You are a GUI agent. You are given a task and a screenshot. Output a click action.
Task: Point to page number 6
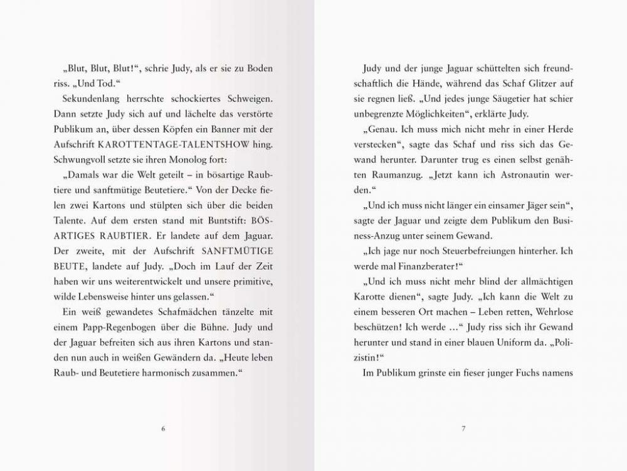click(x=163, y=428)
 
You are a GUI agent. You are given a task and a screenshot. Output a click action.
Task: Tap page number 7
click(x=464, y=428)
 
